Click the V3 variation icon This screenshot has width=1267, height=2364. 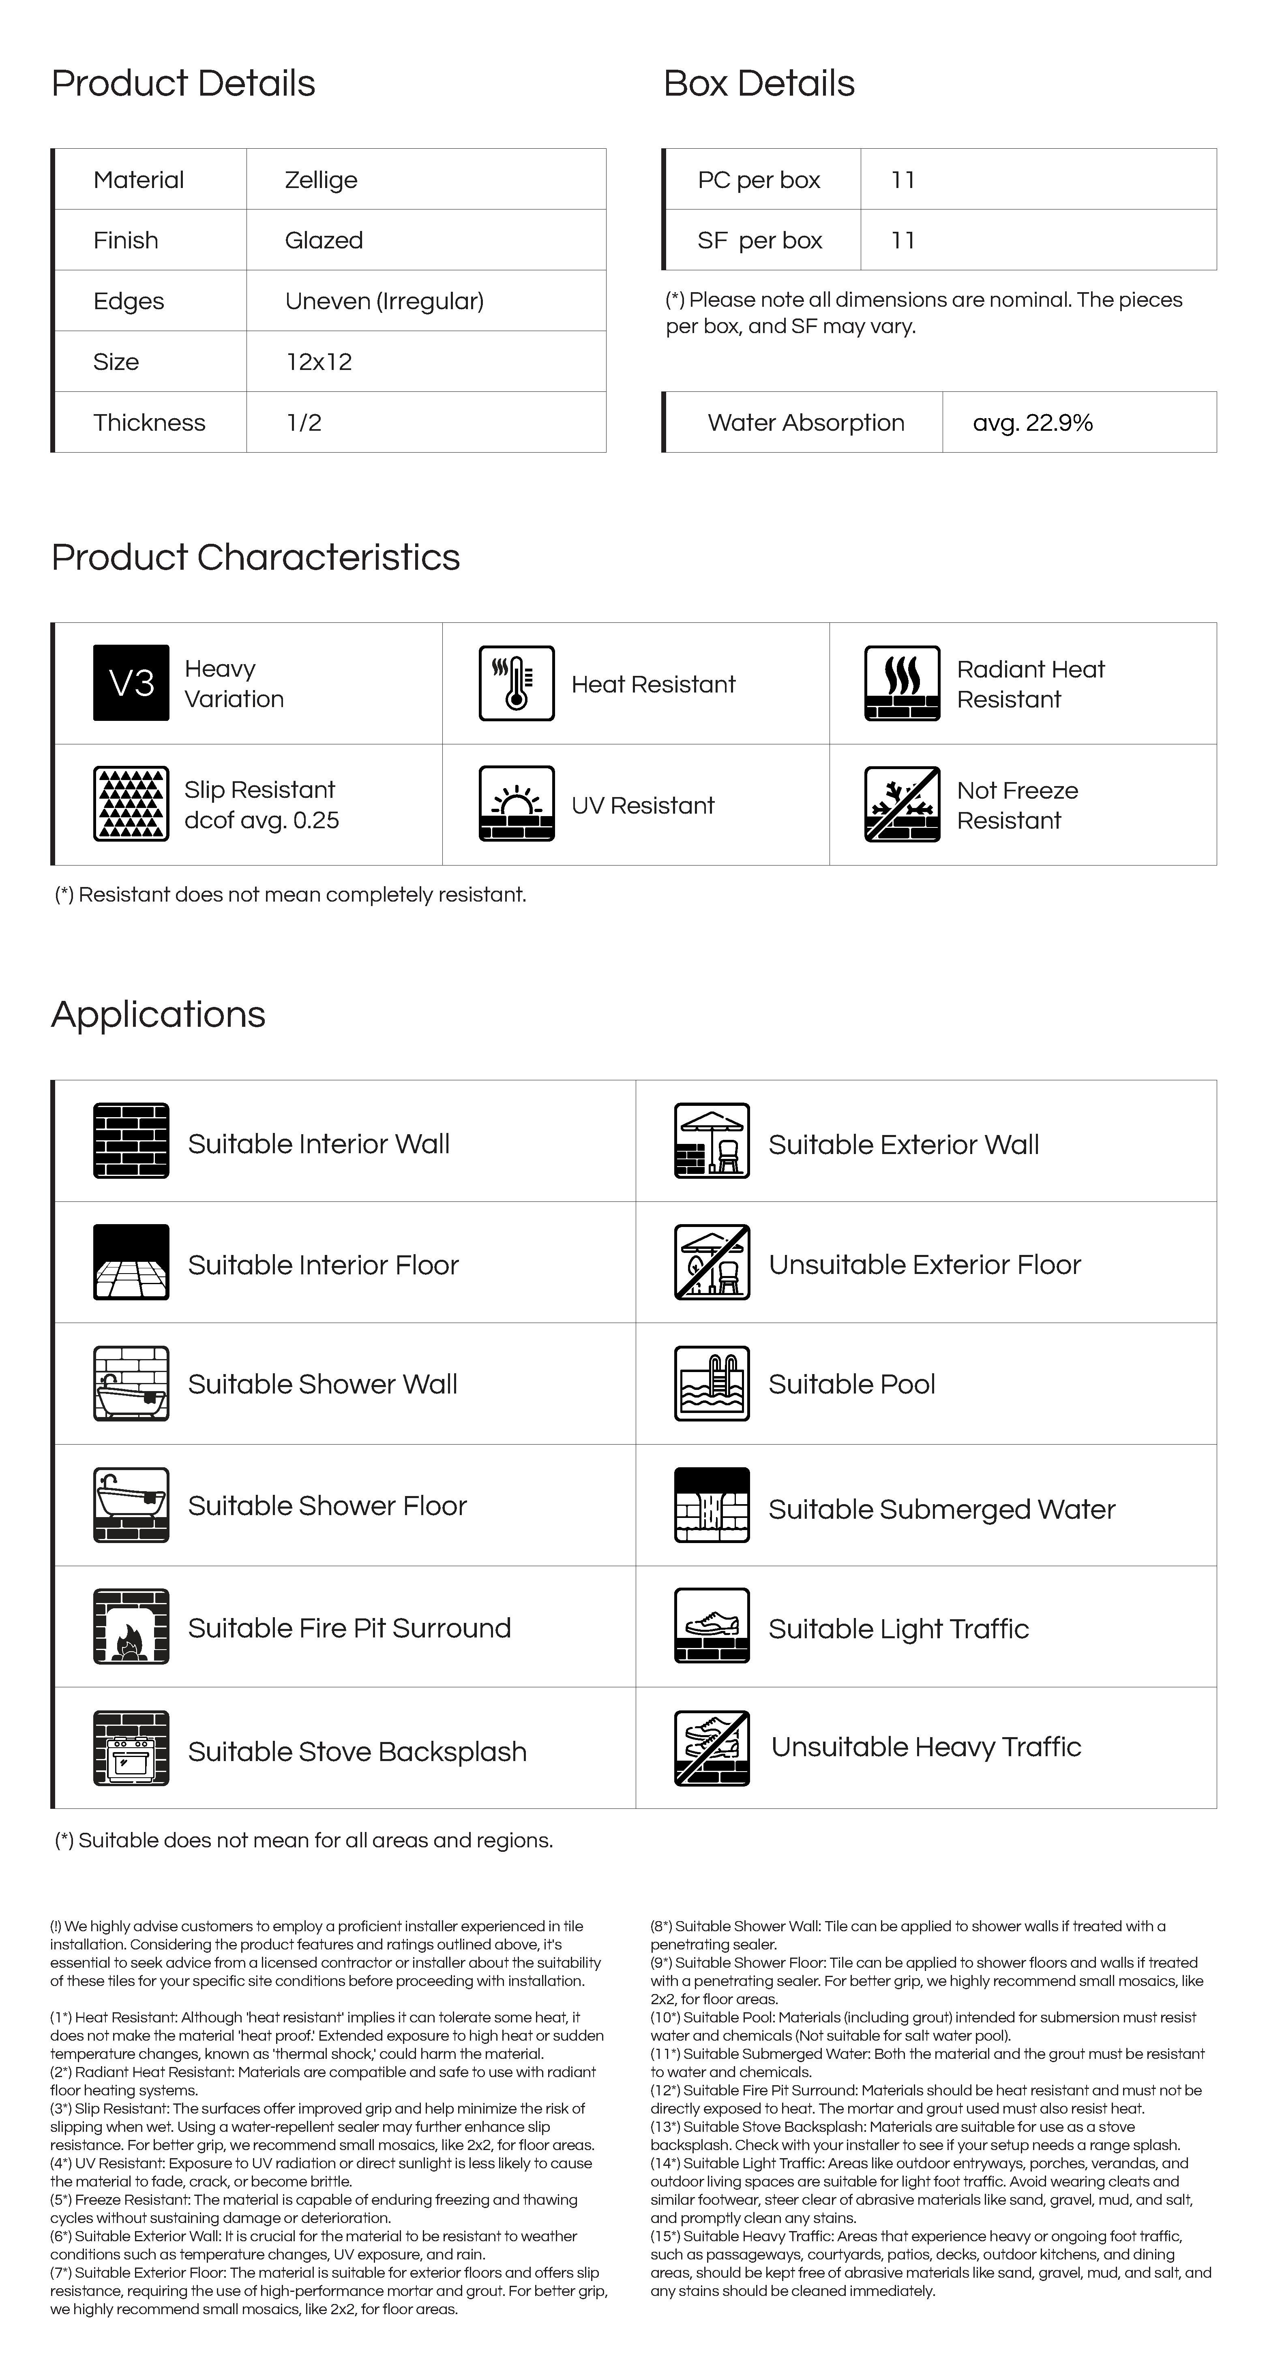131,683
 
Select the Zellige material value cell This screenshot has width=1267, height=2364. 322,180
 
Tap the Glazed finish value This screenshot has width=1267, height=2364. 324,240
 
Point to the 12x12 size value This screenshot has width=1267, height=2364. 319,361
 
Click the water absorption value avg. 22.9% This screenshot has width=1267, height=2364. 1033,423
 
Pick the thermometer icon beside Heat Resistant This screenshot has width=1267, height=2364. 517,683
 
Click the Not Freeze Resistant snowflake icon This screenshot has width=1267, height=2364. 902,804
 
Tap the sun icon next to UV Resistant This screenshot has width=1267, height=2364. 517,804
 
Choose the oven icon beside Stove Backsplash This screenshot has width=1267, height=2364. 131,1748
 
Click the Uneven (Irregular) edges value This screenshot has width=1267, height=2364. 384,301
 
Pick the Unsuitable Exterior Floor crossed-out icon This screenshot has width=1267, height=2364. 712,1262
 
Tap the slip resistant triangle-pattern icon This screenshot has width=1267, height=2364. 131,804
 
